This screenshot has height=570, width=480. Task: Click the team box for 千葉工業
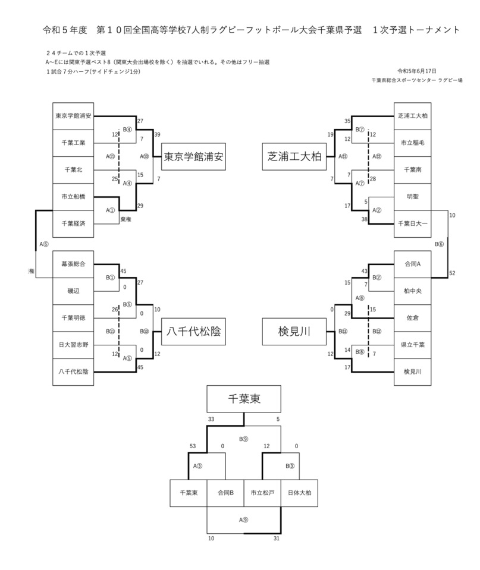tap(73, 143)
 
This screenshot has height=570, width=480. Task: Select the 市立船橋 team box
tap(73, 196)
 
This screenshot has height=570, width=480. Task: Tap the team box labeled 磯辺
tap(73, 291)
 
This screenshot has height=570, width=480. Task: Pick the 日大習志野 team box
tap(73, 345)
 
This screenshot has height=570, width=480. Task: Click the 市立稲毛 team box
tap(412, 143)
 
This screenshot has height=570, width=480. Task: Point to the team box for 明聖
tap(412, 196)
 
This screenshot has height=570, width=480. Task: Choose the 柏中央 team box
tap(412, 291)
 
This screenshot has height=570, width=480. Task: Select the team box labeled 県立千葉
tap(412, 345)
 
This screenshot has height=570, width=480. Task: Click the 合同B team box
tap(225, 493)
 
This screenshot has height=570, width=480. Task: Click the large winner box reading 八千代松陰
tap(192, 332)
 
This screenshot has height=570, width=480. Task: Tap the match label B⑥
tap(439, 244)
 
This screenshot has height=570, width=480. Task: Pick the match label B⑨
tap(244, 440)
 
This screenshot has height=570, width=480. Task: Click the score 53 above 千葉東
tap(192, 446)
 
